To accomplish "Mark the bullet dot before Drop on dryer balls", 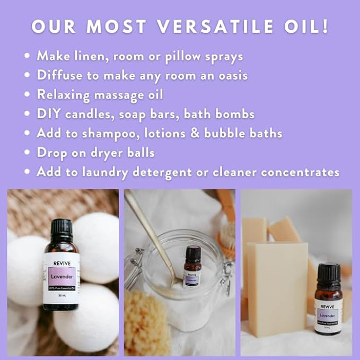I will point(28,153).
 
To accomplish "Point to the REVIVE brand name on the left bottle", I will point(61,261).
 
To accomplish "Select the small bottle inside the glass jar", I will point(192,268).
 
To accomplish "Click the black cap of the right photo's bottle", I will point(328,273).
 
